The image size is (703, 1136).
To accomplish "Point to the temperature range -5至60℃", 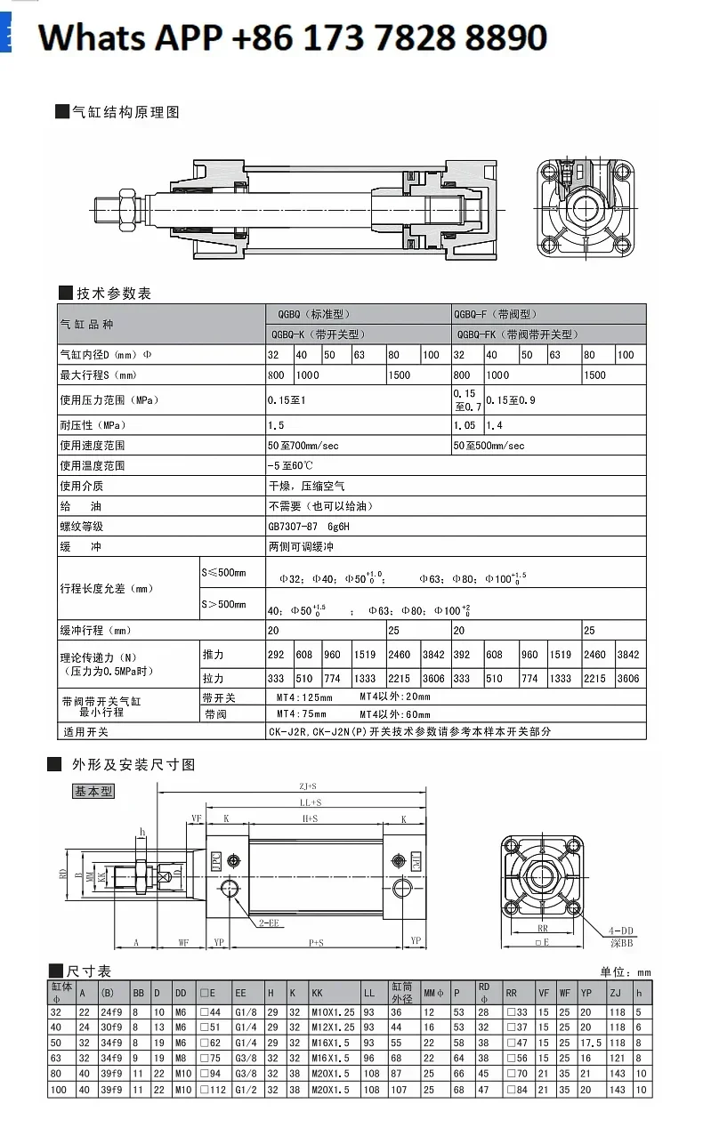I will [290, 465].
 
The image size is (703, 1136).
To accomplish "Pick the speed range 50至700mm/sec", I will [303, 445].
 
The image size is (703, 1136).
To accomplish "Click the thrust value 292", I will [277, 655].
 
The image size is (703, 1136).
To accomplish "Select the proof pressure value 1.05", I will [465, 425].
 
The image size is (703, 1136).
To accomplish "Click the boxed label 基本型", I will [93, 791].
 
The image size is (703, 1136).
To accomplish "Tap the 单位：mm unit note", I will [626, 972].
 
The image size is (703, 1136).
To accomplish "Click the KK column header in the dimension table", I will [317, 993].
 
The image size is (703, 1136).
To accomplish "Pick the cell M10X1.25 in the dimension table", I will [333, 1012].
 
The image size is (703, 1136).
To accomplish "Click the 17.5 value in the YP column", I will [591, 1043].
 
